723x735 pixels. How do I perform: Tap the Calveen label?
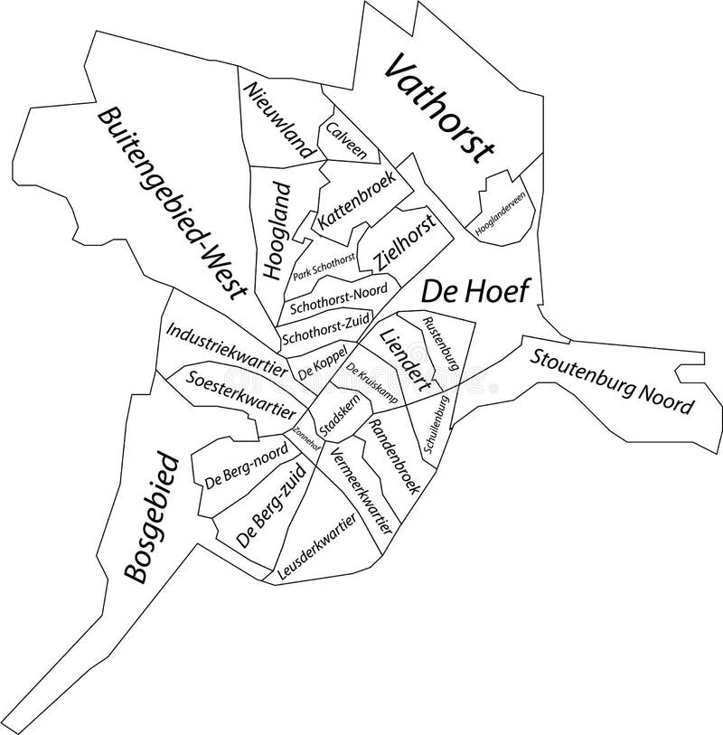click(x=347, y=141)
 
